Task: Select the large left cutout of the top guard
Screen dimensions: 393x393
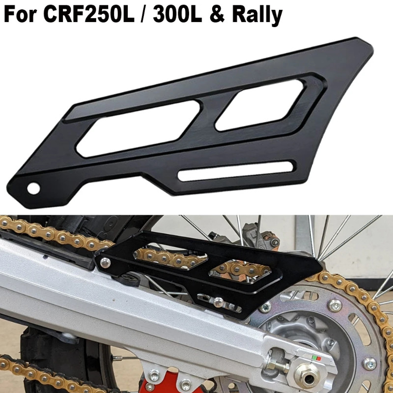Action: (138, 127)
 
